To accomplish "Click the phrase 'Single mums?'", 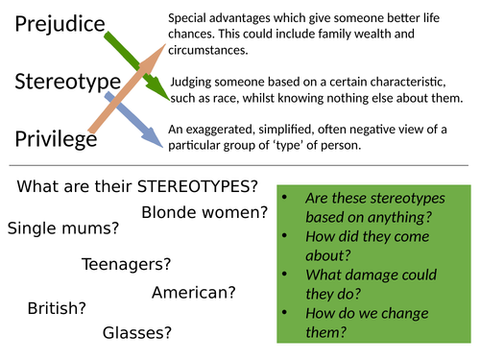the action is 63,228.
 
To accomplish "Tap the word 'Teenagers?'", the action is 126,263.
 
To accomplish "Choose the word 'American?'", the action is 193,292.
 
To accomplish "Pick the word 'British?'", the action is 56,308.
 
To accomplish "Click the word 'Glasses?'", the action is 138,332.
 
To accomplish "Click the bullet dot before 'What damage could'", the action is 285,276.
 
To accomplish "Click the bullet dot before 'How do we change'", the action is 285,313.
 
